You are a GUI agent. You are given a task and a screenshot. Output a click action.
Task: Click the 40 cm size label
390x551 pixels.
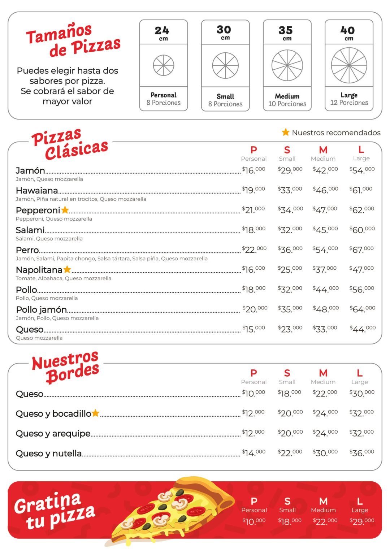pyautogui.click(x=348, y=32)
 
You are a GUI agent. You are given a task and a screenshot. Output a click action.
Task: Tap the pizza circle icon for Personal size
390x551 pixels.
pyautogui.click(x=164, y=65)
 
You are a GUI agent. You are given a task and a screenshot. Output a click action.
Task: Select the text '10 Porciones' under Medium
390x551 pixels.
pyautogui.click(x=287, y=104)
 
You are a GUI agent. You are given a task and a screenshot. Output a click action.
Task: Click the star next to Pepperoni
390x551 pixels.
pyautogui.click(x=65, y=210)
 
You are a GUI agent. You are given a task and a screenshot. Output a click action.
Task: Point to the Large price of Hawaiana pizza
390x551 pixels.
pyautogui.click(x=361, y=190)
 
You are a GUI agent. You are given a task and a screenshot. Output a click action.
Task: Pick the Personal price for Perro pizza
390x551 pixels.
pyautogui.click(x=254, y=250)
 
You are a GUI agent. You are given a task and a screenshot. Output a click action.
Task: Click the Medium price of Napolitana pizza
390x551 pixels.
pyautogui.click(x=325, y=269)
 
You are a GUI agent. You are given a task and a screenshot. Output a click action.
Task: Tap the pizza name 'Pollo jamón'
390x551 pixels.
pyautogui.click(x=41, y=309)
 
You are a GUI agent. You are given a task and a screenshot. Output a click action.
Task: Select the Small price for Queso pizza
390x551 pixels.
pyautogui.click(x=290, y=329)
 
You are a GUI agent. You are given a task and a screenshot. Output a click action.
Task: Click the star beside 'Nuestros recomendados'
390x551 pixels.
pyautogui.click(x=286, y=132)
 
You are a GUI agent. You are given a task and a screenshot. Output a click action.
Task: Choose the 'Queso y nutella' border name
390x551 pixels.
pyautogui.click(x=48, y=453)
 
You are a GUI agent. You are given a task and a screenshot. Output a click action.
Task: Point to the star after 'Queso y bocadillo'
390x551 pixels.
pyautogui.click(x=95, y=413)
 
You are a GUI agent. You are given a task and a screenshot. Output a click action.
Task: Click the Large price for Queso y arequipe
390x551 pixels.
pyautogui.click(x=361, y=433)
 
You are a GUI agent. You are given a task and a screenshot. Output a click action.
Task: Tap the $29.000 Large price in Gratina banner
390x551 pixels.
pyautogui.click(x=362, y=521)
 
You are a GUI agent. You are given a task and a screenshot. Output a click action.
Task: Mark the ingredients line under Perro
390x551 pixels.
pyautogui.click(x=112, y=259)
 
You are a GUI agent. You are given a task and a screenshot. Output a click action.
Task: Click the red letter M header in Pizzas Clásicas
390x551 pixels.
pyautogui.click(x=323, y=150)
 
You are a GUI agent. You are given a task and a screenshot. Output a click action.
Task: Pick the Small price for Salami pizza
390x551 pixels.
pyautogui.click(x=290, y=230)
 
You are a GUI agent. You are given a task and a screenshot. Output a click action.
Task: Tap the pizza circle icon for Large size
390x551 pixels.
pyautogui.click(x=349, y=65)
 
